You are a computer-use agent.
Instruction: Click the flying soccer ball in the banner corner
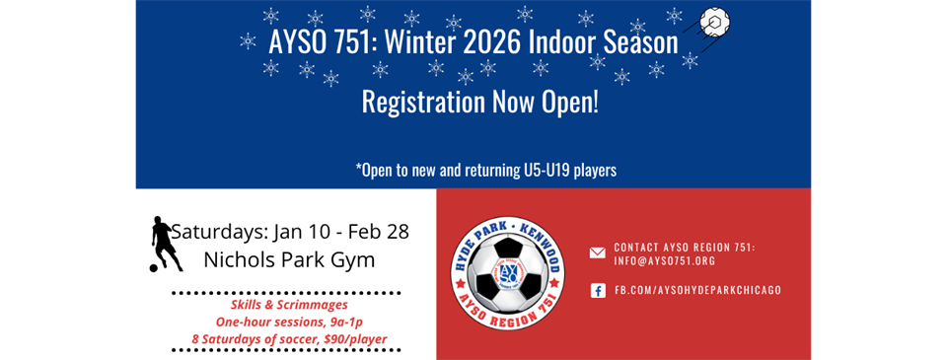(x=714, y=21)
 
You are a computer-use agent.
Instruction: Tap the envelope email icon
(x=598, y=253)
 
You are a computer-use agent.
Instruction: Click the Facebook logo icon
(x=598, y=291)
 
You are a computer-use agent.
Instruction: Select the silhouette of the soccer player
(x=165, y=244)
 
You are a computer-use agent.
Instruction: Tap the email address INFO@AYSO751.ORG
(x=665, y=261)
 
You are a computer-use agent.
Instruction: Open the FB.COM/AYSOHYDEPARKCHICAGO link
(x=697, y=291)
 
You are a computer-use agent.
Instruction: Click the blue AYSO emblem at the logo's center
(x=509, y=273)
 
